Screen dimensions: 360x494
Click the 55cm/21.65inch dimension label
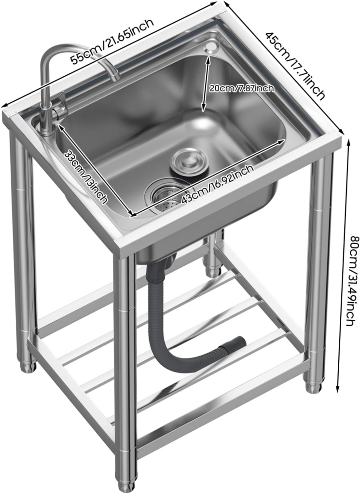[112, 41]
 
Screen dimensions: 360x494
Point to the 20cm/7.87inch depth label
[242, 88]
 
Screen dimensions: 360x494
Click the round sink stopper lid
[190, 160]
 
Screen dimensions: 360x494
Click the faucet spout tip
[115, 77]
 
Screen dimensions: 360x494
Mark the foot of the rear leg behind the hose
[214, 271]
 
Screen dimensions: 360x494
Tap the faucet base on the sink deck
[47, 129]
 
